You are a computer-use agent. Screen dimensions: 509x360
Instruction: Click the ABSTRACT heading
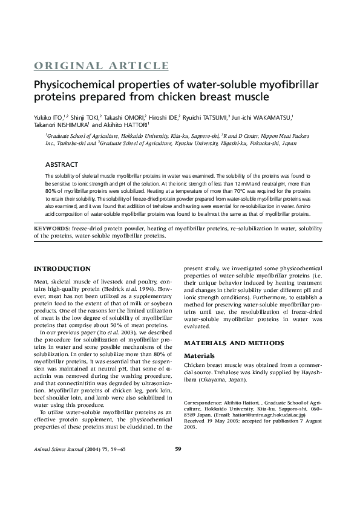point(61,164)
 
